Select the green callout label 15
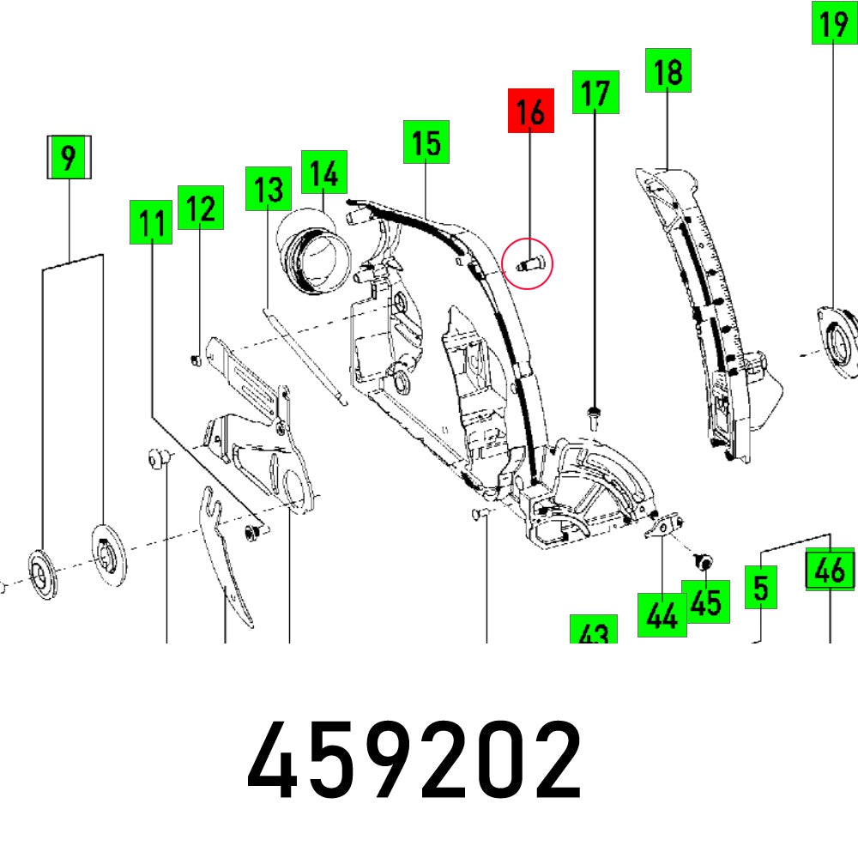pos(426,142)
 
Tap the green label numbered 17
pos(595,93)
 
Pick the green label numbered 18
pos(668,71)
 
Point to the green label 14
pos(323,172)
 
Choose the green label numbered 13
pos(268,190)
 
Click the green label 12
pos(201,208)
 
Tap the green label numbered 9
pos(69,157)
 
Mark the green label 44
pos(662,614)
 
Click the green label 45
pos(705,602)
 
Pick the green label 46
pos(831,570)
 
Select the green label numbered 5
pos(760,588)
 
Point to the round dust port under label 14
pos(313,254)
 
